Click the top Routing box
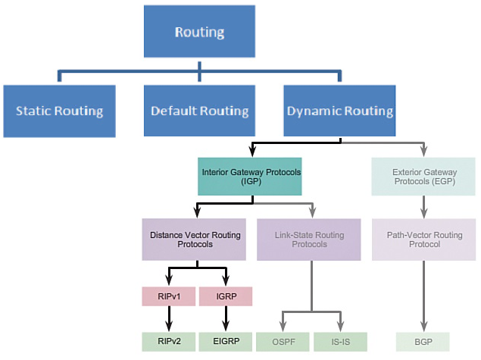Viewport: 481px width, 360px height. [x=198, y=32]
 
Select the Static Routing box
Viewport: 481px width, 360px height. [x=59, y=111]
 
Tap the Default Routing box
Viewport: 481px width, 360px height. [x=199, y=111]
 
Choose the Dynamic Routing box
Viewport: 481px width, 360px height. [x=339, y=111]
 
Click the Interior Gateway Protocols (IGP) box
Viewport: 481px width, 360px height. [x=251, y=177]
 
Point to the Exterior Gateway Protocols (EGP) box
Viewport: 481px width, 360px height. [x=423, y=177]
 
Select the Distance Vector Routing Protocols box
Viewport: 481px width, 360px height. [x=196, y=239]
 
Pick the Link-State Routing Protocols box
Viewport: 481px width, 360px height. [x=308, y=239]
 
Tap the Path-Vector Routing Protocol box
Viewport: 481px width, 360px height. [x=423, y=239]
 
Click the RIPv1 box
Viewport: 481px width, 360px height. [x=168, y=296]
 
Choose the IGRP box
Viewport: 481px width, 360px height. [x=225, y=296]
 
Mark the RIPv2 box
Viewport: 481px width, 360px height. [x=168, y=342]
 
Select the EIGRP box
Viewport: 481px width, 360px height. [x=225, y=342]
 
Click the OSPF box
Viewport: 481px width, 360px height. [x=282, y=342]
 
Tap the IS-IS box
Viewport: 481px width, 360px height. [x=339, y=342]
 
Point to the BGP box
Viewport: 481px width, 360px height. [x=423, y=342]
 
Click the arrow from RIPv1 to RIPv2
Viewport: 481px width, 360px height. [x=168, y=318]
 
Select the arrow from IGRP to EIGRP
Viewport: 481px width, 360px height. [x=225, y=318]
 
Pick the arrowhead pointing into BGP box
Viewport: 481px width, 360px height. [x=423, y=327]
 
